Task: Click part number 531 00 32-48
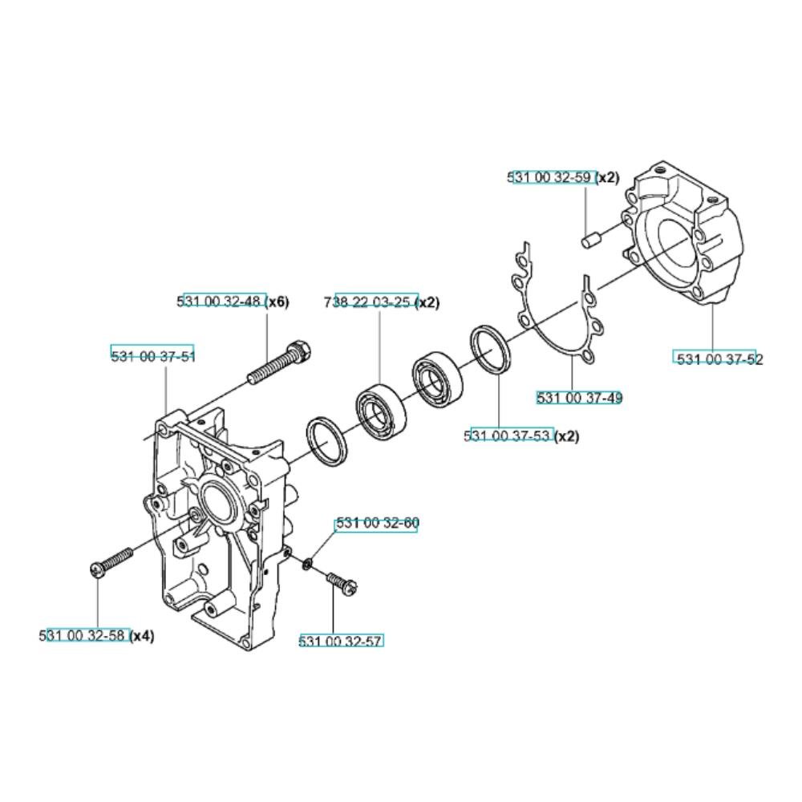click(x=222, y=302)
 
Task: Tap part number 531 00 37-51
click(x=153, y=355)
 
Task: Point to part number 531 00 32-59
click(x=552, y=177)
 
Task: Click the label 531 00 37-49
click(x=580, y=398)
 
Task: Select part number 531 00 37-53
click(x=508, y=435)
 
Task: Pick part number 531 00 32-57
click(x=341, y=641)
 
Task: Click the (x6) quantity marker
click(x=278, y=302)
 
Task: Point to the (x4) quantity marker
click(x=142, y=636)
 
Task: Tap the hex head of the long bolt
click(x=301, y=350)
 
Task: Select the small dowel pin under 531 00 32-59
click(x=590, y=240)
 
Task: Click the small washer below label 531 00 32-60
click(x=307, y=565)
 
